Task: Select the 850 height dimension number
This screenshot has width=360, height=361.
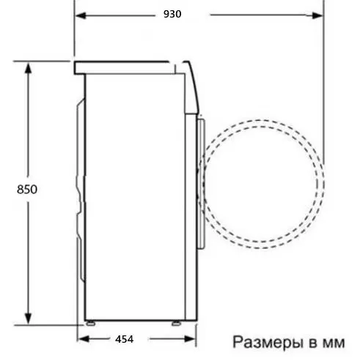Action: click(x=26, y=189)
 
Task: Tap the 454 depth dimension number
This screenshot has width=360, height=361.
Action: click(x=125, y=338)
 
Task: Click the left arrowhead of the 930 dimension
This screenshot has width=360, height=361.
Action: click(x=79, y=14)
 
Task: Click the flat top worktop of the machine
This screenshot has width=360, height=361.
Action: click(x=125, y=67)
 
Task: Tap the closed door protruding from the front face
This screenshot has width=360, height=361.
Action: click(x=201, y=176)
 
